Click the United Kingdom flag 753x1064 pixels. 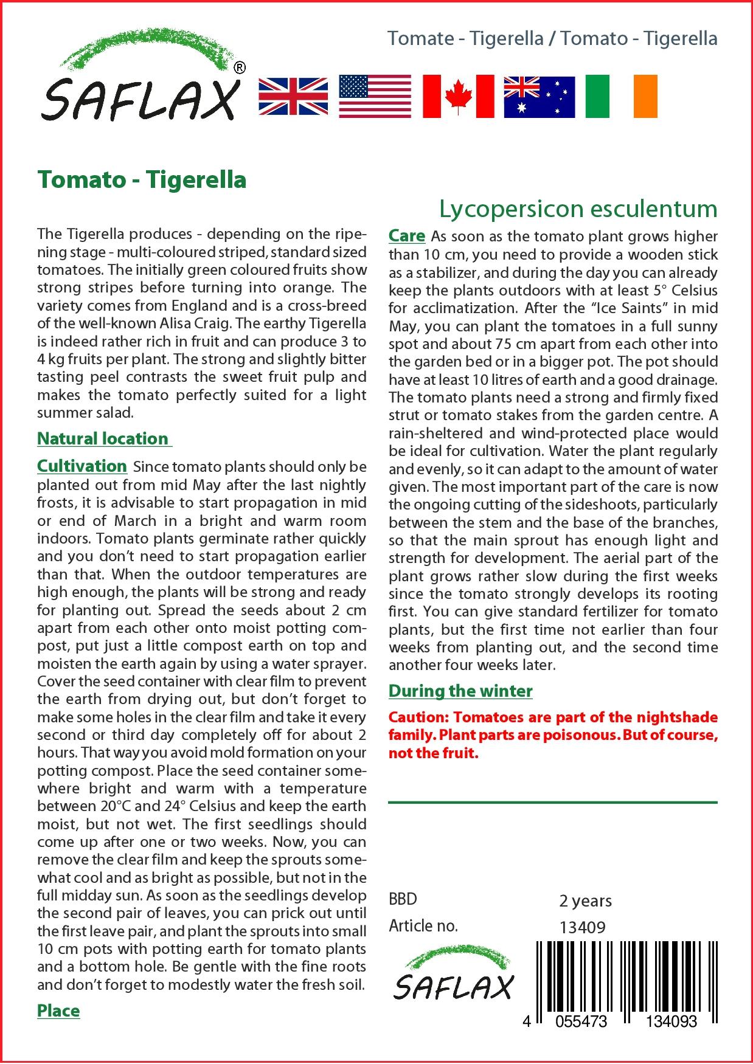point(293,96)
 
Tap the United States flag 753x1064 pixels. point(375,96)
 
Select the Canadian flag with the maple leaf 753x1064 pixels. point(458,96)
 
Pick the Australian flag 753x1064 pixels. point(539,97)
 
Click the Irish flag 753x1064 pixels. point(621,96)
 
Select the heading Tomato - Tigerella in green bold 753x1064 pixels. point(142,180)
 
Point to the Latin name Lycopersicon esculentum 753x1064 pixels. point(578,209)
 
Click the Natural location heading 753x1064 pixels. point(103,438)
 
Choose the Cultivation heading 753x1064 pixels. point(82,466)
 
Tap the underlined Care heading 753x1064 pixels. point(407,236)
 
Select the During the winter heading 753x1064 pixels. point(460,691)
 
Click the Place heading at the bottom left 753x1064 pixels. point(58,1010)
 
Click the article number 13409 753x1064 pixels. point(582,927)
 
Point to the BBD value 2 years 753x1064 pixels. point(585,900)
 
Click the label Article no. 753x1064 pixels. point(423,926)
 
